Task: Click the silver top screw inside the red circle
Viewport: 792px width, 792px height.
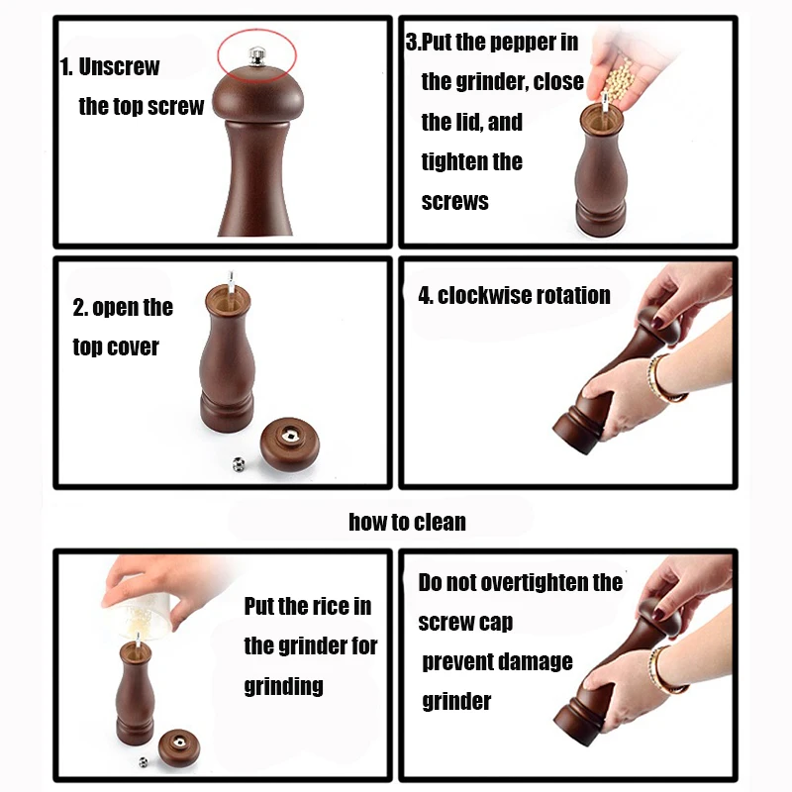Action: pos(257,56)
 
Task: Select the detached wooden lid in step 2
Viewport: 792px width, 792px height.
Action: pos(290,444)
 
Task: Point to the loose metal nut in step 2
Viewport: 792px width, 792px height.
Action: pos(239,464)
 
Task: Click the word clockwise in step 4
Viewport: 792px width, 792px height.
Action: pos(480,295)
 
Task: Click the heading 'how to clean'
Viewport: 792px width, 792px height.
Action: pos(407,522)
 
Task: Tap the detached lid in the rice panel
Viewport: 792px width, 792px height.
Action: pos(179,748)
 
